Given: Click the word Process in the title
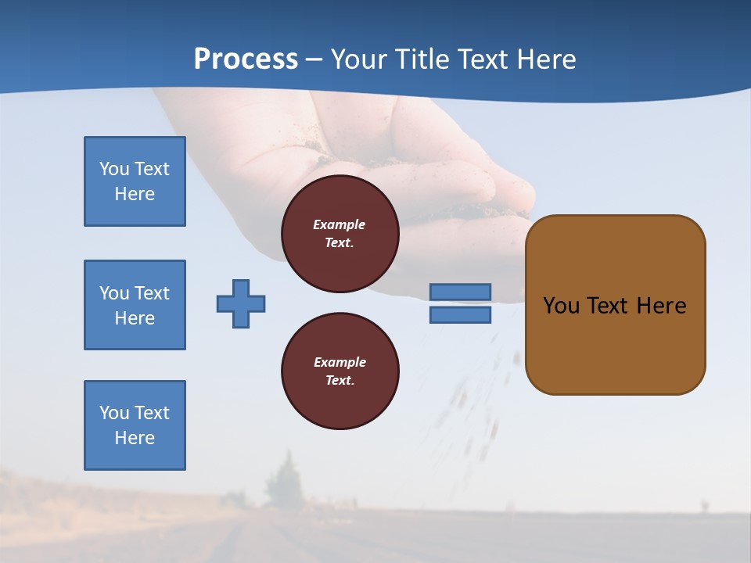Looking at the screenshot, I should tap(246, 59).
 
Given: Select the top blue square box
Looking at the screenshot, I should tap(135, 181).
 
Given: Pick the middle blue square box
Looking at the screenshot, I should tap(135, 305).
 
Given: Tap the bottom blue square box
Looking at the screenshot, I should tap(135, 425).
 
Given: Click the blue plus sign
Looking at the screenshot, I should tap(241, 303).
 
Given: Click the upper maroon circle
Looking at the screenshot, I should tap(340, 234).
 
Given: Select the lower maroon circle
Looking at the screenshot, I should tap(340, 371).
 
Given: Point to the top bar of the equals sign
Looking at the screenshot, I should tap(460, 292).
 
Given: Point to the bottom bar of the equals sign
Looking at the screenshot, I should tap(460, 314).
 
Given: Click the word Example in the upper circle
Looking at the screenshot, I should tap(340, 224).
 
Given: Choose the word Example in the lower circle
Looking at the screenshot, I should tap(340, 362).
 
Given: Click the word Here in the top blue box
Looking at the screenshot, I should tap(135, 194).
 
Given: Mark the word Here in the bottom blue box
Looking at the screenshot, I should tap(135, 438).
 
